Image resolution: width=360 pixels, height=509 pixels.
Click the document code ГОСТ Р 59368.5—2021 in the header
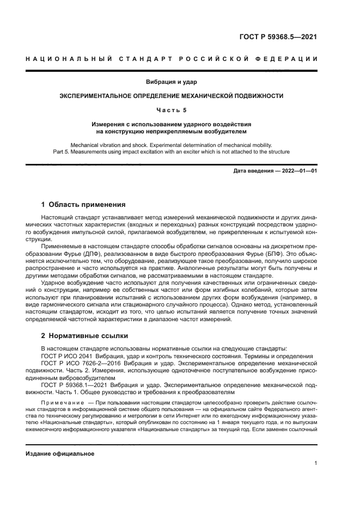(x=278, y=38)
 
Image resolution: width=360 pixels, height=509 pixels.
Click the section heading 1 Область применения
(x=83, y=205)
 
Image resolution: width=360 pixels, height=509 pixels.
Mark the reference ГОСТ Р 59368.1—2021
(x=76, y=384)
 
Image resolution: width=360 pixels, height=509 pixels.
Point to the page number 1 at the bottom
(x=315, y=463)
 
